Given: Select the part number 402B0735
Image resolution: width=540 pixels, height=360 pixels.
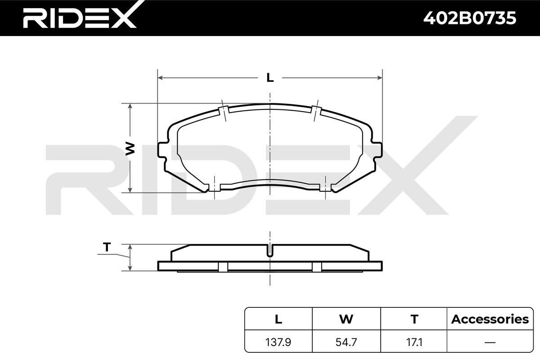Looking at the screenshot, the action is click(470, 18).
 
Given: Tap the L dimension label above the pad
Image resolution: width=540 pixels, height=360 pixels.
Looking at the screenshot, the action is click(270, 78).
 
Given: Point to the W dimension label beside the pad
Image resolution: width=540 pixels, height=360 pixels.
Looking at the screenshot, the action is click(130, 149).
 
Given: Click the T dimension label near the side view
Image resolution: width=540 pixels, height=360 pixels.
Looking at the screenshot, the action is click(107, 247).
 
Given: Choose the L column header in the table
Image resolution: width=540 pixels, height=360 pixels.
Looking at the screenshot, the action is click(279, 319).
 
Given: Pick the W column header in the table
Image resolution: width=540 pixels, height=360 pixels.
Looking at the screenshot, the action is click(346, 319).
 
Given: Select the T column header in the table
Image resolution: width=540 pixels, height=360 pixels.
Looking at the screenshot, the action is click(414, 319).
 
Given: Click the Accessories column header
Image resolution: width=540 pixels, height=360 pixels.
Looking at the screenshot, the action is click(490, 319).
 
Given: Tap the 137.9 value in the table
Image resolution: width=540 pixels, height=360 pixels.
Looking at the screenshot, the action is click(278, 342).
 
